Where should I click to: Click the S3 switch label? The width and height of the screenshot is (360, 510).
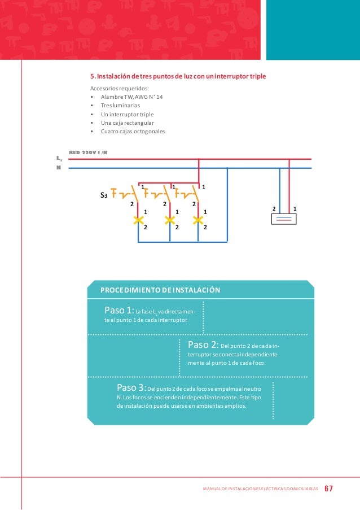(x=104, y=195)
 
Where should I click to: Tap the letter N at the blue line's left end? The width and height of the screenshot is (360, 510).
(x=58, y=168)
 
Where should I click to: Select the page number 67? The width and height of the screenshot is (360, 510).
(x=329, y=487)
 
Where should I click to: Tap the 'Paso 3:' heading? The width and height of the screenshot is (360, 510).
(x=131, y=387)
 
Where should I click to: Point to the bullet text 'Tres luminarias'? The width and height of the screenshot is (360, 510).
(x=120, y=106)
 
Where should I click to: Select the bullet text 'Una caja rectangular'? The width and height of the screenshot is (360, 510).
(x=127, y=123)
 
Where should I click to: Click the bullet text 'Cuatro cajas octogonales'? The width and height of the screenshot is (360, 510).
(x=133, y=132)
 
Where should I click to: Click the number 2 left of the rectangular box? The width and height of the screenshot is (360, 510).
(x=274, y=208)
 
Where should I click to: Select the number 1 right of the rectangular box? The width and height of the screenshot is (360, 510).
(x=295, y=208)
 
